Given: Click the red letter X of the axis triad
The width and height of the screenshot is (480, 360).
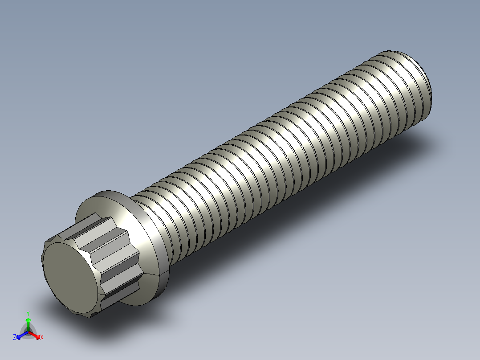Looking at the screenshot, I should (x=41, y=338).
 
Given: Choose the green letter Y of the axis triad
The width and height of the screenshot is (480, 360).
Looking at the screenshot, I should (x=28, y=313).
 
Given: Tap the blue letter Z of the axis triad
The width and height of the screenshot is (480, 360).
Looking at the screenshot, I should (x=15, y=337).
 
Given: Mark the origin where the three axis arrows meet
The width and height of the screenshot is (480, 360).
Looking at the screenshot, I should (x=28, y=331).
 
